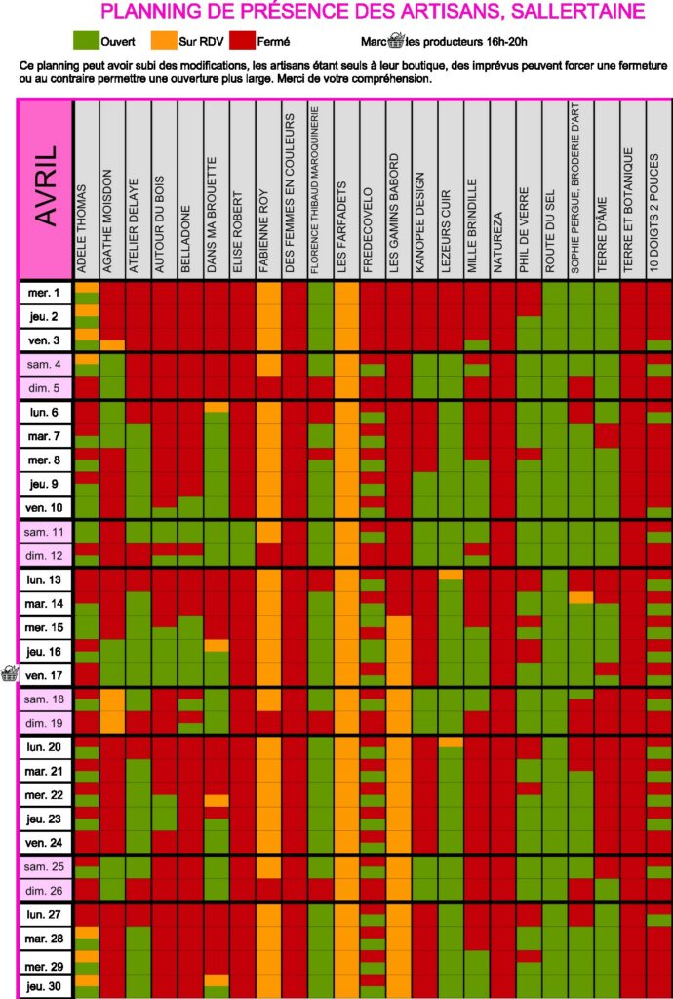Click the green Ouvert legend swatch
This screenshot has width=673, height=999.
click(88, 41)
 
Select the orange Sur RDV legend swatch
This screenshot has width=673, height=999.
click(163, 41)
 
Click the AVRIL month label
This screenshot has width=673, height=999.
click(46, 186)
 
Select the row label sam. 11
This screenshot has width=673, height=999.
click(45, 533)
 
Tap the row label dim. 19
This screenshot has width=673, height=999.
click(45, 723)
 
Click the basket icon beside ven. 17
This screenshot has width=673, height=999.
click(9, 674)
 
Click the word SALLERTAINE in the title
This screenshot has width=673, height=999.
click(582, 12)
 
